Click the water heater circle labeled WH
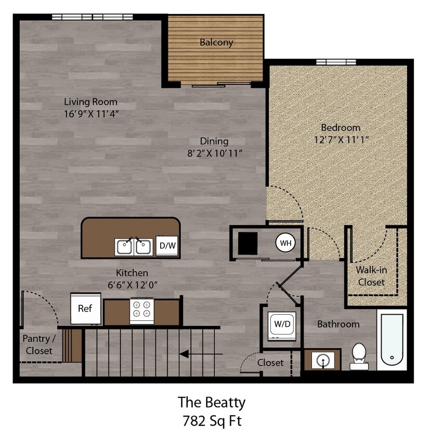tap(284, 242)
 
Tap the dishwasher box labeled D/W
tap(167, 246)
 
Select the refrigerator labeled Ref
tap(85, 308)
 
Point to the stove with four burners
tap(142, 311)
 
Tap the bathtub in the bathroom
tap(392, 340)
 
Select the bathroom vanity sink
tap(322, 359)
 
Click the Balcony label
tap(216, 43)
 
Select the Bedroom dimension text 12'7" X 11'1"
tap(341, 139)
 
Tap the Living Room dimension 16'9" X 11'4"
tap(91, 114)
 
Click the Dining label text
tap(214, 141)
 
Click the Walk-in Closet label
tap(371, 276)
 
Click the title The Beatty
tap(212, 402)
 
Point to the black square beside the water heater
tap(247, 243)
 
